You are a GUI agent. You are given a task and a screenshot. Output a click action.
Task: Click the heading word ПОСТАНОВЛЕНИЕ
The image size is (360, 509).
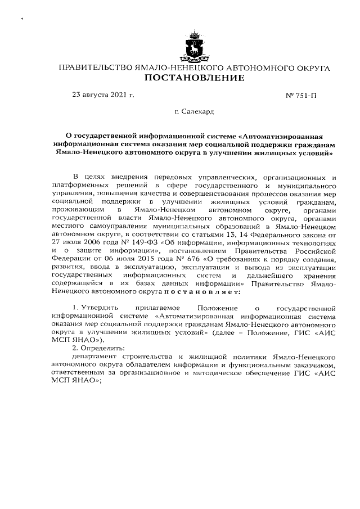point(195,78)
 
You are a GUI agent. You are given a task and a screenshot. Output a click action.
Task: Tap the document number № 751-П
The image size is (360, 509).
point(302,96)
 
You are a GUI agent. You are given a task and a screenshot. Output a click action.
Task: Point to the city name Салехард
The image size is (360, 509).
point(198,112)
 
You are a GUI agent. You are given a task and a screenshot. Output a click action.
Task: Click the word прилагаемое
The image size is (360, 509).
point(156,308)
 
